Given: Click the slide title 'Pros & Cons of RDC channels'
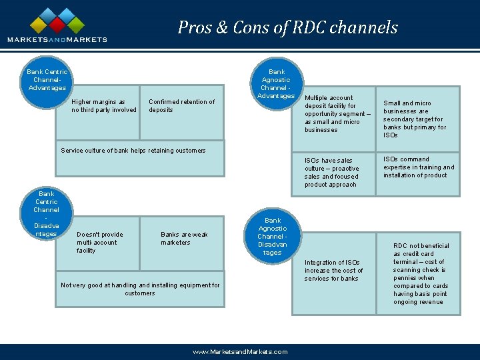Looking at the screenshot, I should tap(287, 27).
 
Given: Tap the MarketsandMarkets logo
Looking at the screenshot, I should tap(57, 25).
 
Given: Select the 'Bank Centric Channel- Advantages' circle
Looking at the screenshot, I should tap(47, 81).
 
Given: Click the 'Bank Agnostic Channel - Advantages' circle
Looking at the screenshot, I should tap(276, 83).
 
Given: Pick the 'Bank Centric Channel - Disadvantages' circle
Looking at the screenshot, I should tap(46, 213).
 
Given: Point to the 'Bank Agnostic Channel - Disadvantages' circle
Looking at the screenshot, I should tap(272, 237).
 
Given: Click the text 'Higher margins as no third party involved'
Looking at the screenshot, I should tap(104, 106).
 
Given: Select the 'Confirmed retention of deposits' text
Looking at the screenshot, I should tap(181, 106).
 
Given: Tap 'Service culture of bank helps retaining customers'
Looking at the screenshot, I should tap(133, 151).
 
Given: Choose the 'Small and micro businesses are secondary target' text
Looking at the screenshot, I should tap(415, 119).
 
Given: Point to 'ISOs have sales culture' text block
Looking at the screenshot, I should tap(332, 173).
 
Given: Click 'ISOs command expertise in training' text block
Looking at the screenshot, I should tap(418, 167).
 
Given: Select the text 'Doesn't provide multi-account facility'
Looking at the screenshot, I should tap(100, 243).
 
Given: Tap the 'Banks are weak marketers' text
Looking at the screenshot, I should tap(184, 239).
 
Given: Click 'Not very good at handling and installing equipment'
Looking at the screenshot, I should tap(140, 289).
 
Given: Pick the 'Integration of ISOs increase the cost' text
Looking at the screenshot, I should tap(333, 270).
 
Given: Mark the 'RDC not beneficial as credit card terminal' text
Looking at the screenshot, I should tap(421, 274).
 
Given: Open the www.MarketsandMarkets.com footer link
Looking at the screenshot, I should tap(239, 352).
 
